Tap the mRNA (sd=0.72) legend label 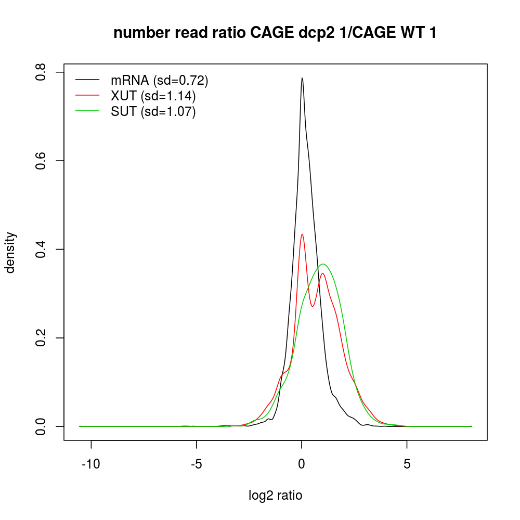pyautogui.click(x=160, y=80)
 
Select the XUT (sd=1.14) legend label pyautogui.click(x=153, y=96)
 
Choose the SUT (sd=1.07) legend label pyautogui.click(x=153, y=112)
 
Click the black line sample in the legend pyautogui.click(x=87, y=80)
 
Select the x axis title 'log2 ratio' pyautogui.click(x=276, y=496)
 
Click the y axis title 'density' pyautogui.click(x=11, y=252)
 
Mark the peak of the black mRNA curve pyautogui.click(x=302, y=78)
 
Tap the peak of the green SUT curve pyautogui.click(x=323, y=264)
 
